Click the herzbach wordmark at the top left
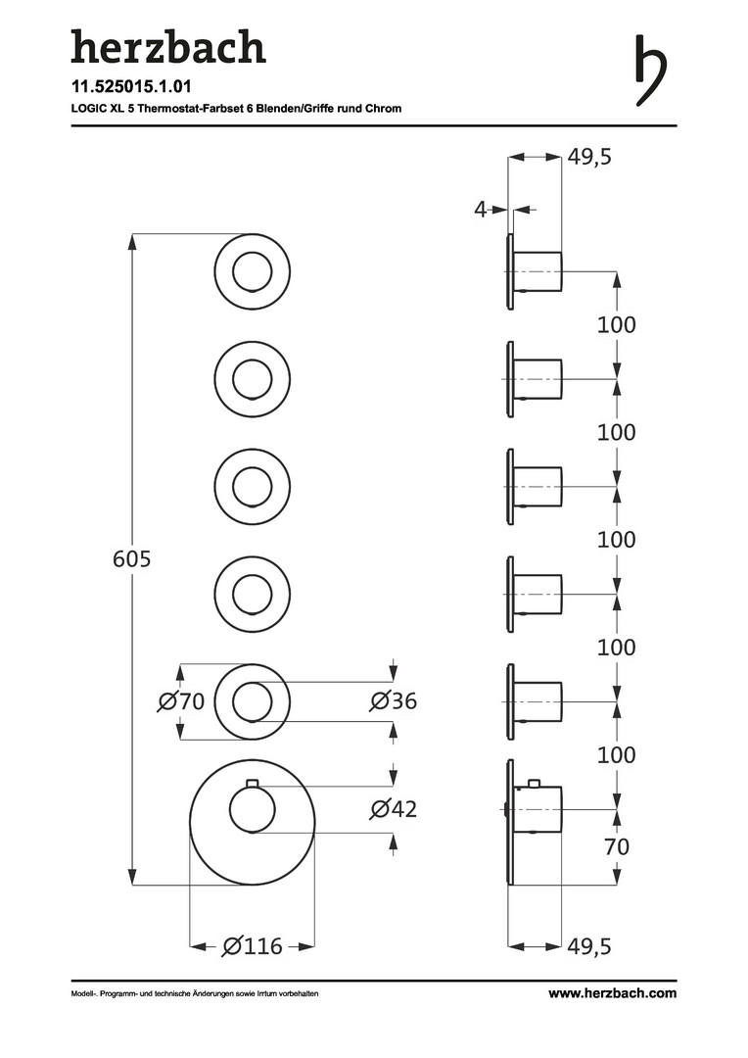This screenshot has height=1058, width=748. (x=168, y=47)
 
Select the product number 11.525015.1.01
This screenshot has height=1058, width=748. (x=131, y=86)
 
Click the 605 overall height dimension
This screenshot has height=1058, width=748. (x=131, y=558)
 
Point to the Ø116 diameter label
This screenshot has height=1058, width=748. (x=253, y=946)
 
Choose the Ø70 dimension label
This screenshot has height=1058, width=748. (x=181, y=701)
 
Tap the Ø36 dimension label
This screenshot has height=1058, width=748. (x=394, y=701)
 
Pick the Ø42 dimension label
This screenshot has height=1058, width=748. (x=394, y=808)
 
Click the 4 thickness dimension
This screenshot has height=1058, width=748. (x=480, y=210)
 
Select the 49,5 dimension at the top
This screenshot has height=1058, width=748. (x=588, y=157)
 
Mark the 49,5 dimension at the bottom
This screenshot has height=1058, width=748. (x=588, y=946)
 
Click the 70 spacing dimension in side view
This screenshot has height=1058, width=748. (x=617, y=846)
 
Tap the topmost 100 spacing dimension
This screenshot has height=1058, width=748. (x=617, y=324)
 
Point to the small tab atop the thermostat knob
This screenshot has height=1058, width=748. (x=253, y=783)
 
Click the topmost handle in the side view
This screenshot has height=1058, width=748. (x=538, y=271)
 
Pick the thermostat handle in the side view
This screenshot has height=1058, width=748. (x=538, y=809)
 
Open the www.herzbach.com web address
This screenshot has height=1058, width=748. (x=613, y=993)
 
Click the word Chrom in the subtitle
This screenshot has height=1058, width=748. (x=384, y=108)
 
